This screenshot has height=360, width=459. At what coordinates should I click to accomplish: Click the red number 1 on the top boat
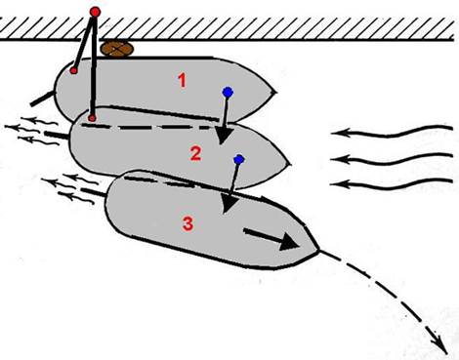[183, 80]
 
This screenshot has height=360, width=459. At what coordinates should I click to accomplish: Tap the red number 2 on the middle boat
[195, 153]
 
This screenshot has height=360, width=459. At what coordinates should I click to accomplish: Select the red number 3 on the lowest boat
[188, 224]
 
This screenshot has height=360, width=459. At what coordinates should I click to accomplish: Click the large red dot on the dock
[95, 12]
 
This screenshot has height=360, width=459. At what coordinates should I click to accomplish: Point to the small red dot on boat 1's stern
[74, 70]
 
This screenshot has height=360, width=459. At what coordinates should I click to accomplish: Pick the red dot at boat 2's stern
[92, 118]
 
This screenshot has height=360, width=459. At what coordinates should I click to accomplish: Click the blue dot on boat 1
[228, 93]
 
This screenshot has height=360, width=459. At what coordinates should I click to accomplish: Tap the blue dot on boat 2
[239, 159]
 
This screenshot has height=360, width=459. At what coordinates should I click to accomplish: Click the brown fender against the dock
[117, 49]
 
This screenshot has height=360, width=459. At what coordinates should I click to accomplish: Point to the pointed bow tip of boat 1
[276, 93]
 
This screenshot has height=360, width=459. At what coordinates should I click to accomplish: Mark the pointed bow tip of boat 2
[290, 164]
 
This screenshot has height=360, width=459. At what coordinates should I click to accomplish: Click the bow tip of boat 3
[318, 250]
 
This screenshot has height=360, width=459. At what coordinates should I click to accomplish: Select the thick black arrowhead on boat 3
[289, 241]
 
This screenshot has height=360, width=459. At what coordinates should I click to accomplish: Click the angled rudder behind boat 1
[43, 99]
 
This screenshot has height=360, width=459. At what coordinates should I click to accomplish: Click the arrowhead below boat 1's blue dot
[223, 136]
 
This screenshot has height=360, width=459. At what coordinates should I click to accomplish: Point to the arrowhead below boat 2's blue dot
[229, 204]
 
